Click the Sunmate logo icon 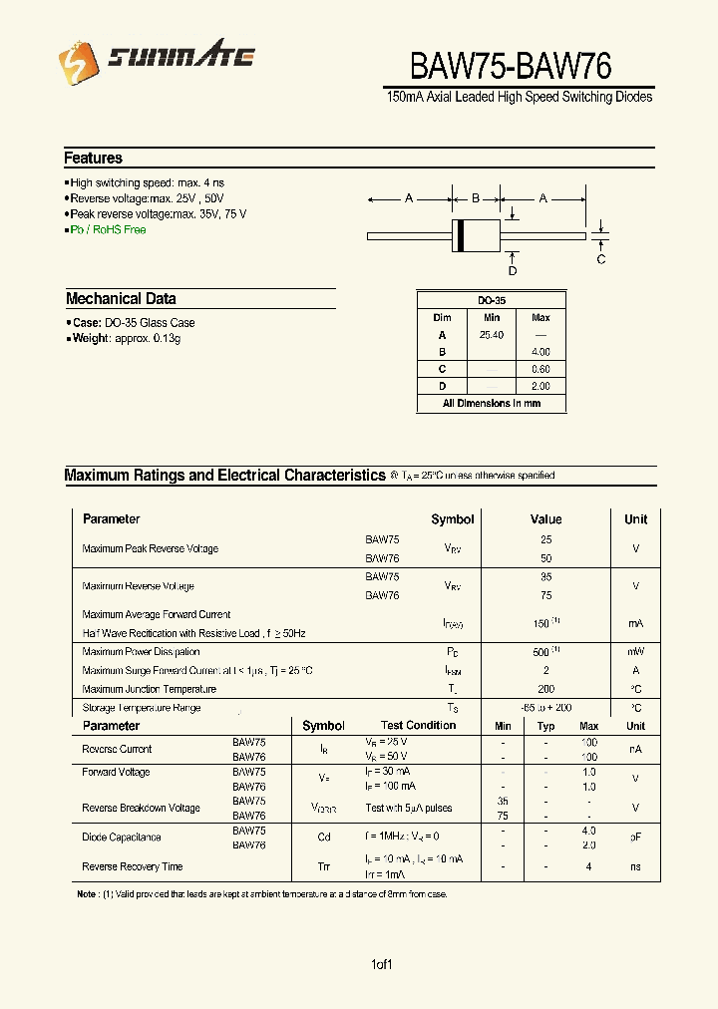click(75, 64)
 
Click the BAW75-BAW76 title click(511, 65)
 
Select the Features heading click(93, 159)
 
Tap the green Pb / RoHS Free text click(108, 230)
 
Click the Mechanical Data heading click(121, 299)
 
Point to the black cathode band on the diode click(460, 236)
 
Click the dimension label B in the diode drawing click(476, 199)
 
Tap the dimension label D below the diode click(513, 270)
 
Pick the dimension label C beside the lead click(601, 260)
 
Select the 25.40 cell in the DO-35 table click(492, 335)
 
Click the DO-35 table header click(492, 300)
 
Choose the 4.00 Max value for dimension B click(540, 352)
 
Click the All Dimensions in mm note click(492, 404)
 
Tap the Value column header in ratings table click(545, 519)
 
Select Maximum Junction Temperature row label click(149, 690)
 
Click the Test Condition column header click(418, 726)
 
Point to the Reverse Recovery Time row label click(132, 867)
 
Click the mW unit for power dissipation click(635, 652)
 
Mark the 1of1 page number click(382, 965)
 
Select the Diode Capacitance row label click(121, 838)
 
